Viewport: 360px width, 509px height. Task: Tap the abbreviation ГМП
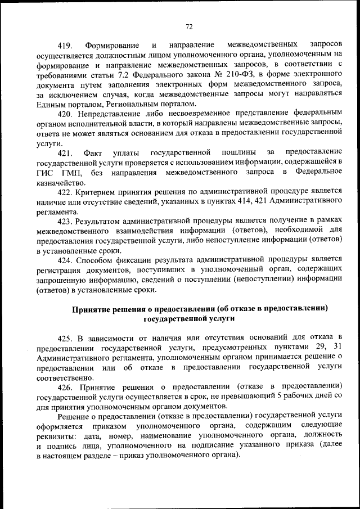coord(70,172)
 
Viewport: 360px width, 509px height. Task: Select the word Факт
coord(93,152)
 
